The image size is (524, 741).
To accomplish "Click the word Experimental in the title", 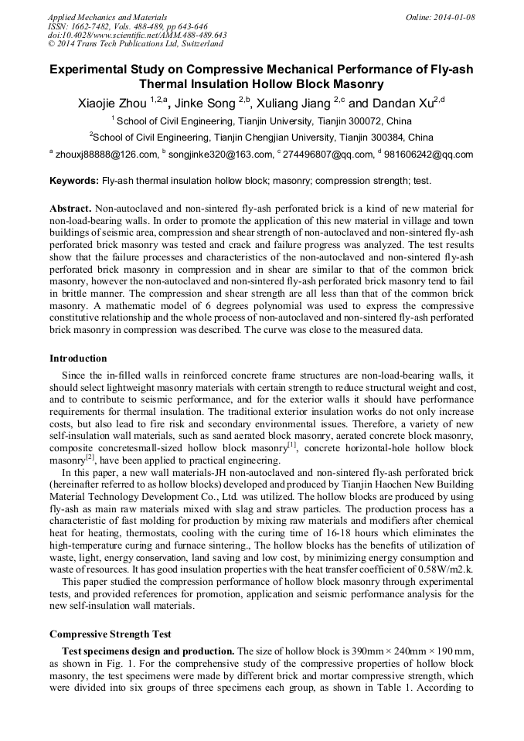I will coord(88,70).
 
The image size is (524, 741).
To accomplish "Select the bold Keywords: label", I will coord(74,181).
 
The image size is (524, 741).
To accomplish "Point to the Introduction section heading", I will coord(78,359).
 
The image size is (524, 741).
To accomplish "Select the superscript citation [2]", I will coord(90,456).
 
